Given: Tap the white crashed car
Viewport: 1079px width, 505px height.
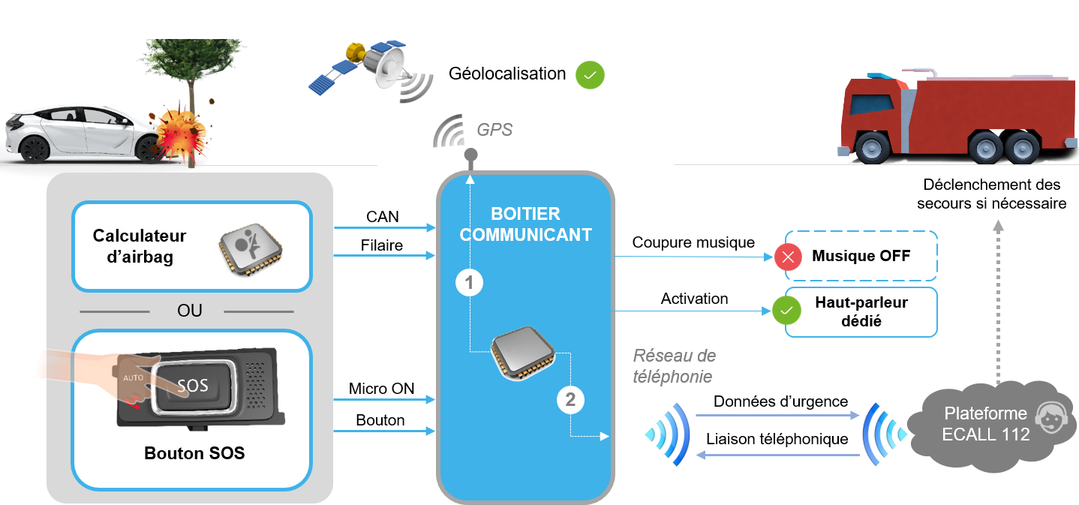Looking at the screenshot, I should tap(83, 133).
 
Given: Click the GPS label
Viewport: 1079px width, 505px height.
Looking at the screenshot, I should tap(494, 130).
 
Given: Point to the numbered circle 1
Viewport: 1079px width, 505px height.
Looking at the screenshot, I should tap(470, 283).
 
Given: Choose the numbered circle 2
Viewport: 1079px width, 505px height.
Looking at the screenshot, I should tap(570, 400).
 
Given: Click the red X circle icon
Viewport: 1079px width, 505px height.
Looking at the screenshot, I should tap(788, 257).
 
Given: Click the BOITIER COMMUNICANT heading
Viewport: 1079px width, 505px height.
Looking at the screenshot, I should tap(525, 224).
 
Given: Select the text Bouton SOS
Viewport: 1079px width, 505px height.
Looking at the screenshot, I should tap(194, 453).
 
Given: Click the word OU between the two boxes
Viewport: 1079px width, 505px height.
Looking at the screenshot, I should tap(190, 311).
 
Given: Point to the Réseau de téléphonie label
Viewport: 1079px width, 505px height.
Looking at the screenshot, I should tap(674, 365).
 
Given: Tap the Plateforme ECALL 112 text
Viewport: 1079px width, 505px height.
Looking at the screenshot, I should tap(985, 424).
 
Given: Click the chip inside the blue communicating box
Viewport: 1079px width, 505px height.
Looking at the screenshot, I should tap(523, 350).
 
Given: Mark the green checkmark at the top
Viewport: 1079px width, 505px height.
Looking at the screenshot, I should tap(590, 75).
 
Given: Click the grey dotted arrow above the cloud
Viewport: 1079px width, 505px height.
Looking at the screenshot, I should tap(998, 300).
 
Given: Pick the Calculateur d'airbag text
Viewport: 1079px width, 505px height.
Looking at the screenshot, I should tap(140, 246).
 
